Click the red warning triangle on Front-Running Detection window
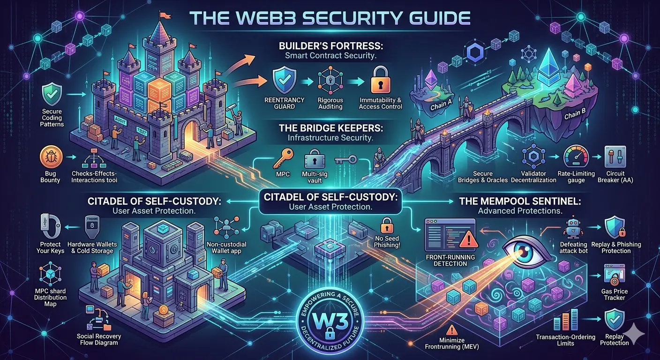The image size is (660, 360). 467,241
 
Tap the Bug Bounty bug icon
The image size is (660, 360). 52,158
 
